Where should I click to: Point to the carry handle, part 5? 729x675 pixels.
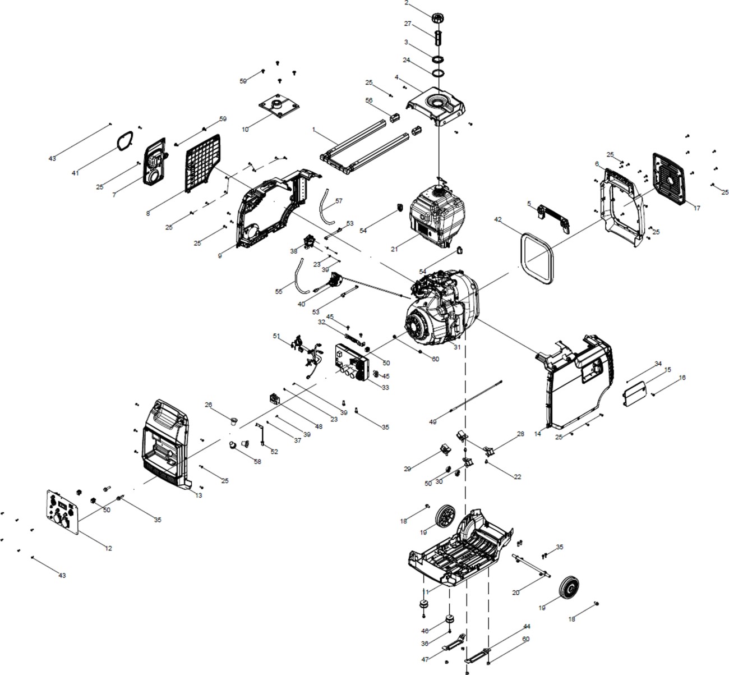554,218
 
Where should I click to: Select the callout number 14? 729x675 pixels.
538,434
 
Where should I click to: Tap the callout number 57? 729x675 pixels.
339,201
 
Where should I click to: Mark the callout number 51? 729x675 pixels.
276,336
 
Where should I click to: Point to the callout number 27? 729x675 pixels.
408,24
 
